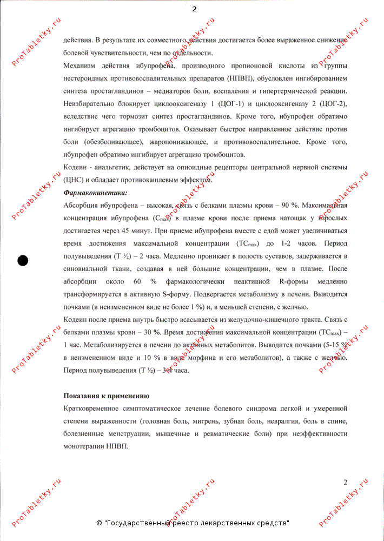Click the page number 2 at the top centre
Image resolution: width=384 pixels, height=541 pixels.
[194, 9]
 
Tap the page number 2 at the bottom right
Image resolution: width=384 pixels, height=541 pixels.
[345, 482]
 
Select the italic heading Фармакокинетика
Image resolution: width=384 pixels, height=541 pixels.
[95, 193]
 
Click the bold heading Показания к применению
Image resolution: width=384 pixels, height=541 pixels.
[106, 396]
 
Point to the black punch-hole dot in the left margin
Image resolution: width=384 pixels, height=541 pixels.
[23, 260]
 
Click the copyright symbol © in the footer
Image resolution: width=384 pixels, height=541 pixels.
[99, 523]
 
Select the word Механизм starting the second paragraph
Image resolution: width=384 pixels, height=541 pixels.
[81, 65]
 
